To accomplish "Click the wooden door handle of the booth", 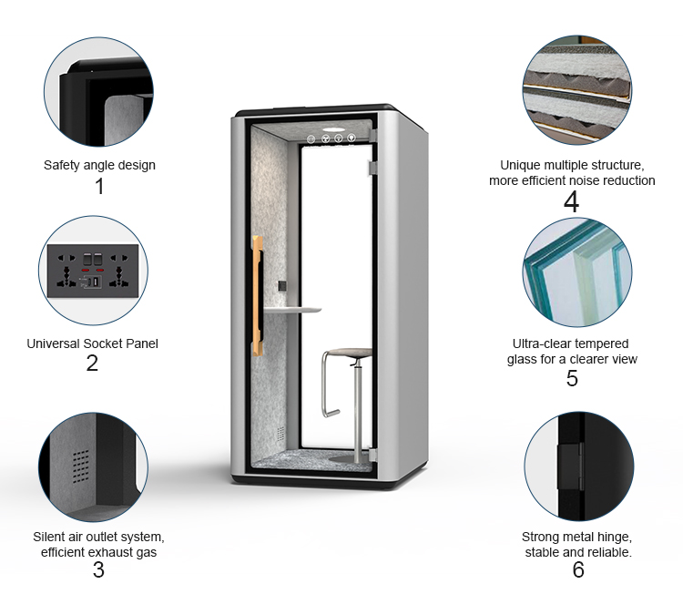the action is (x=258, y=296).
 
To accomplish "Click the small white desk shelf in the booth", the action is (x=292, y=310).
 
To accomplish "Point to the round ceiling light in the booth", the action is (x=333, y=129).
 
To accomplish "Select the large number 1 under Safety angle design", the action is (x=100, y=187).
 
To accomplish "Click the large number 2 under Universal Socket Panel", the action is (x=92, y=363).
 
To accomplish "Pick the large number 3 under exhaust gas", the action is (x=98, y=569).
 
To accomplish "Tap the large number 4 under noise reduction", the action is (x=572, y=201).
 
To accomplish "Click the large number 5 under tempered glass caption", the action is (x=572, y=378).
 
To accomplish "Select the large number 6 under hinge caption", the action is (x=578, y=569).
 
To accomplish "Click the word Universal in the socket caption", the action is (x=53, y=343).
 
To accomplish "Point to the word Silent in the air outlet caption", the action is (x=48, y=537).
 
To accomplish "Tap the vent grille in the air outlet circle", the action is (x=80, y=467).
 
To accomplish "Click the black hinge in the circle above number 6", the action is (x=570, y=466).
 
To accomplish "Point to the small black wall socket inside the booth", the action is (x=282, y=286).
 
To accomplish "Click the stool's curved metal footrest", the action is (x=328, y=384).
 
